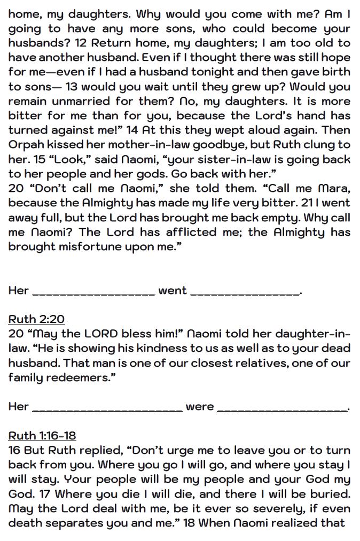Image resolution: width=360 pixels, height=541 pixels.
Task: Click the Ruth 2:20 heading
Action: tap(36, 319)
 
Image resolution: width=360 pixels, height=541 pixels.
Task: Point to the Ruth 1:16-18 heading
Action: tap(42, 435)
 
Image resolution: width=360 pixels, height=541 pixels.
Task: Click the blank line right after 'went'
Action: tap(246, 292)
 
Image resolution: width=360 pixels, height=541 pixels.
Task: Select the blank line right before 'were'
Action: tap(107, 408)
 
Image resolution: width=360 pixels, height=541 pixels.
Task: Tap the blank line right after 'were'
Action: tap(283, 408)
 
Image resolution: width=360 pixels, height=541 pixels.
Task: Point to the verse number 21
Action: tap(301, 203)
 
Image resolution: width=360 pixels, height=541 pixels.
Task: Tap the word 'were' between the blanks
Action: tap(200, 407)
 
